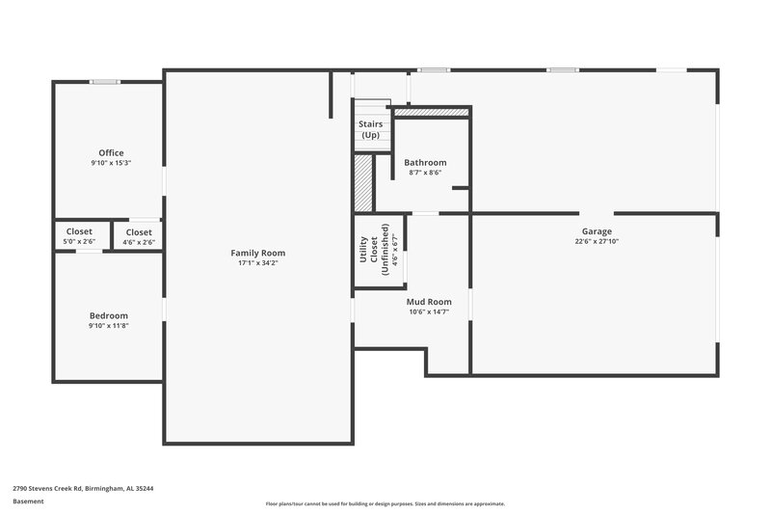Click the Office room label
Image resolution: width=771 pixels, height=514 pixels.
coord(111,152)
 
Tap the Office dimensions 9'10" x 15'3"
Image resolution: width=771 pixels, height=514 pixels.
coord(111,163)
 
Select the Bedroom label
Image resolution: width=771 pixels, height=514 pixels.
coord(108,315)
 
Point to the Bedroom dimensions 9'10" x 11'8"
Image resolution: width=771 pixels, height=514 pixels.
coord(108,326)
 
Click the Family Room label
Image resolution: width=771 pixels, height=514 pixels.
coord(257,253)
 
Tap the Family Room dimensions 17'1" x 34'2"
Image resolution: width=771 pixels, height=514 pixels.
coord(257,263)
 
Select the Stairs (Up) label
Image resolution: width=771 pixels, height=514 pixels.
coord(370,129)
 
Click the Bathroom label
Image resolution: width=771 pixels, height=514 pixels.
coord(425,162)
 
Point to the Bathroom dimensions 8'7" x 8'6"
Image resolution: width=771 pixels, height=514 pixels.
coord(425,173)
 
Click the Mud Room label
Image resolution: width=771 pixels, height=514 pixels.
coord(429,301)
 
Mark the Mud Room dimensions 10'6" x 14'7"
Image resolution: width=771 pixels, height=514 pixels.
coord(429,311)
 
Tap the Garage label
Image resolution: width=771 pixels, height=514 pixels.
coord(597,231)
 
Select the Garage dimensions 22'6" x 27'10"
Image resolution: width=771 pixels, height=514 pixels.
coord(597,242)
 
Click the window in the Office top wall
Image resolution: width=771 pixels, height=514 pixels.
coord(104,82)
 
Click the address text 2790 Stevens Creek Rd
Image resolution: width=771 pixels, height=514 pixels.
coord(83,488)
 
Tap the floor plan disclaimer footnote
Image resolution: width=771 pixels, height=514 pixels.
coord(385,503)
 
